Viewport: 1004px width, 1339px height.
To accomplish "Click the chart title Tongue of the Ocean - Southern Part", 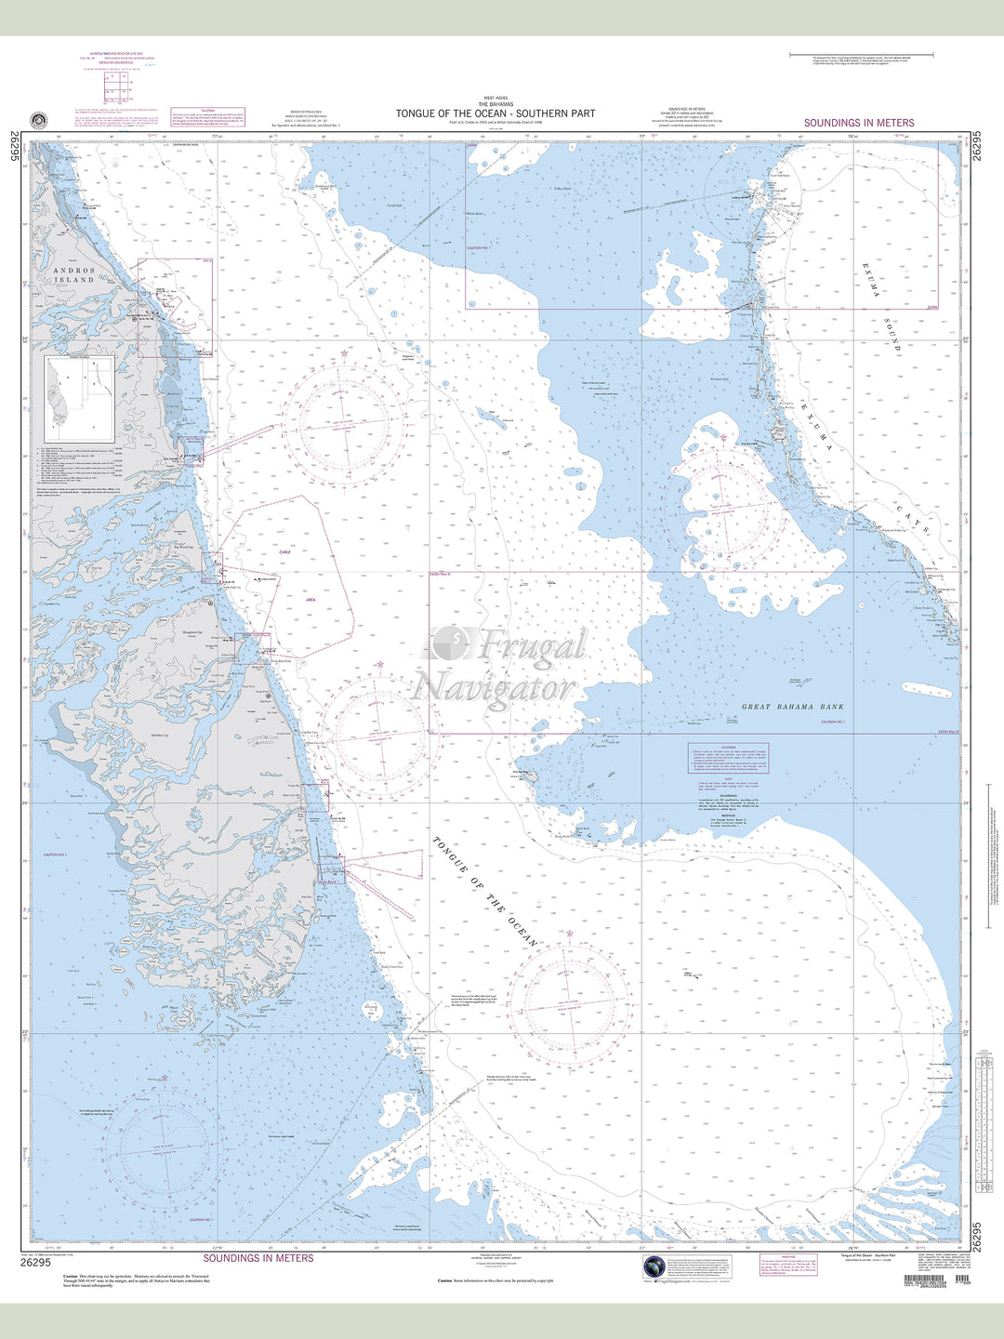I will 495,113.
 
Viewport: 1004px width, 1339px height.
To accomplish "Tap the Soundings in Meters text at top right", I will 859,123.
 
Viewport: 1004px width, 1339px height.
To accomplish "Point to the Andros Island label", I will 73,274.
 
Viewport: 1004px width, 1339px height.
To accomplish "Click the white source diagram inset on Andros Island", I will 80,399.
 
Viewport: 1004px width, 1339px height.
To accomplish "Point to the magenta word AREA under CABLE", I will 311,601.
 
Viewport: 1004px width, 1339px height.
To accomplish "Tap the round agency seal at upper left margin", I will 38,120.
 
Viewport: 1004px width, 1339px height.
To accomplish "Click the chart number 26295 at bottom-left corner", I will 34,1261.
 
